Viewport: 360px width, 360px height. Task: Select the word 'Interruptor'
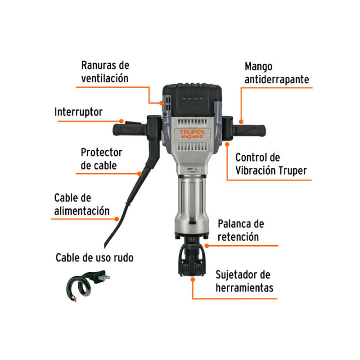[79, 112]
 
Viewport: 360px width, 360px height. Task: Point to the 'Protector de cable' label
[101, 158]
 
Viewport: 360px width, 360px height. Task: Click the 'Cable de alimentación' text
[82, 204]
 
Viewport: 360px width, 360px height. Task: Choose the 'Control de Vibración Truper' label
[271, 164]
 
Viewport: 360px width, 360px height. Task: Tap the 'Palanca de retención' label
[241, 230]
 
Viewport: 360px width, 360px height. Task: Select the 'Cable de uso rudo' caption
[94, 258]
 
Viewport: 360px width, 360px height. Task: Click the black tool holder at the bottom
[191, 258]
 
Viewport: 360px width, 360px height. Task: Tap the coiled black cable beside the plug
[79, 288]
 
